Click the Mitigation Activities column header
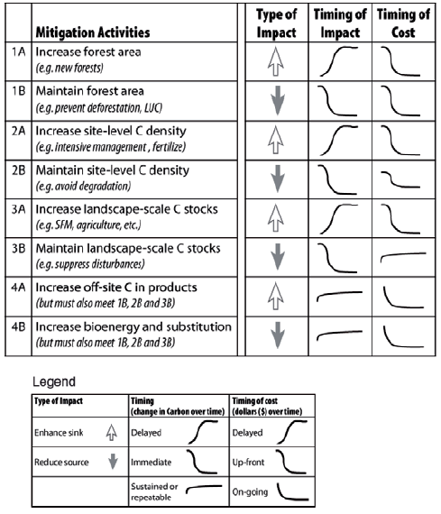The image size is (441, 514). (93, 32)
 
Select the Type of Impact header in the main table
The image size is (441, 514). (276, 23)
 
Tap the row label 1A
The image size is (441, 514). (18, 51)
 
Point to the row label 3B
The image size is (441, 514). (18, 249)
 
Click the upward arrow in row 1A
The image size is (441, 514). (275, 61)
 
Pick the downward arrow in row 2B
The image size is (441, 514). (278, 179)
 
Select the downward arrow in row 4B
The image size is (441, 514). (278, 335)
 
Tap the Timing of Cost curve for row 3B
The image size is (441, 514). (403, 256)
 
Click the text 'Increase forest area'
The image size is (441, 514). (88, 52)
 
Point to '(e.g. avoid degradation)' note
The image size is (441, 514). (83, 187)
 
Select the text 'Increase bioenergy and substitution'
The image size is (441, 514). (133, 327)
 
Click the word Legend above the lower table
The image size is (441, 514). (54, 382)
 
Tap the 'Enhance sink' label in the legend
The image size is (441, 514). (59, 433)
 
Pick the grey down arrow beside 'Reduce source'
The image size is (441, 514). (113, 461)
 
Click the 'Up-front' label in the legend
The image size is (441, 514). (248, 463)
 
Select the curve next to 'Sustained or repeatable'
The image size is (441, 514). (204, 488)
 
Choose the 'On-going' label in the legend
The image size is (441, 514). (250, 492)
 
